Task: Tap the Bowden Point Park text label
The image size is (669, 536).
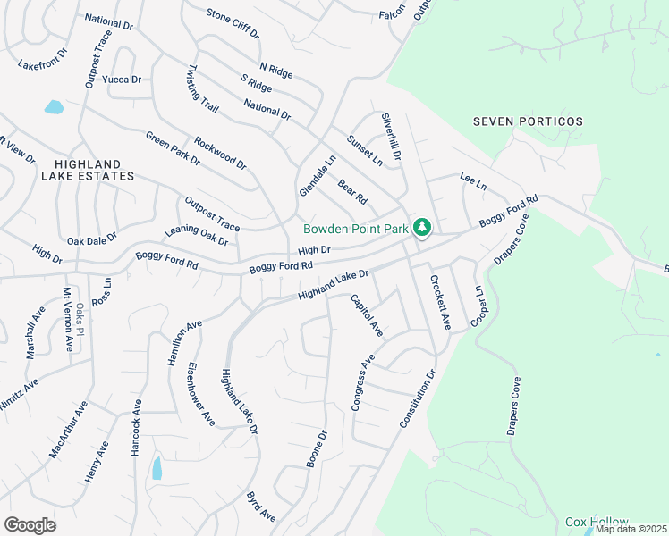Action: click(356, 230)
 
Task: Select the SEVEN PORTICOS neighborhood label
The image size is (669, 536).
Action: click(528, 121)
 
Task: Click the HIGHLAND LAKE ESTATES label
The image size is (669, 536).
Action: click(94, 171)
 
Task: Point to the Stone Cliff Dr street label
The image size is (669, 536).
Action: click(232, 24)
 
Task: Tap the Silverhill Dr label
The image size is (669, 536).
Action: click(392, 136)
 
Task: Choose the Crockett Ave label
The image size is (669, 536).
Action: click(438, 302)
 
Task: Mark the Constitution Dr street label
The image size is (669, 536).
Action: click(417, 397)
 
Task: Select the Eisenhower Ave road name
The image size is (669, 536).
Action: click(201, 393)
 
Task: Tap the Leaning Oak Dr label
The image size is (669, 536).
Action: click(197, 236)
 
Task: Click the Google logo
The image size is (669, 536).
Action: click(30, 525)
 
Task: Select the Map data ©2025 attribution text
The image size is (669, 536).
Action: click(631, 529)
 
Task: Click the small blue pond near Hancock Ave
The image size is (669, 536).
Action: click(157, 467)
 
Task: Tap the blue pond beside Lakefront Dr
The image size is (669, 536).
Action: click(54, 107)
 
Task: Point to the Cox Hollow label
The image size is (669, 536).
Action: click(597, 522)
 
